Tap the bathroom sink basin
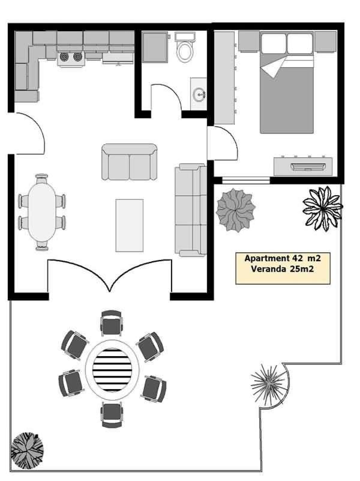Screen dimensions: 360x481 point(199,94)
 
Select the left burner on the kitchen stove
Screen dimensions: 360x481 point(65,57)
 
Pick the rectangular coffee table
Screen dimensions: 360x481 point(129,225)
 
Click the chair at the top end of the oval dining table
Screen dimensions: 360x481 point(41,178)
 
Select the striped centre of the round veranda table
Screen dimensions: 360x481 point(112,370)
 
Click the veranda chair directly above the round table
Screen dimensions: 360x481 point(112,322)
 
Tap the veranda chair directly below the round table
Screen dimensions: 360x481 point(112,415)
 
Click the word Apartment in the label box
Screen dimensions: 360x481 point(266,259)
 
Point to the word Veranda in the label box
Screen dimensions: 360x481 point(265,269)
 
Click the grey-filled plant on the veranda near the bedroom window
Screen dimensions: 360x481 point(236,210)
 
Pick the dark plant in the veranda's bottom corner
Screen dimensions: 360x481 point(27,450)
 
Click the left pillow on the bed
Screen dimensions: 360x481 point(274,43)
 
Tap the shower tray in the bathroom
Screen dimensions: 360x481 point(155,47)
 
